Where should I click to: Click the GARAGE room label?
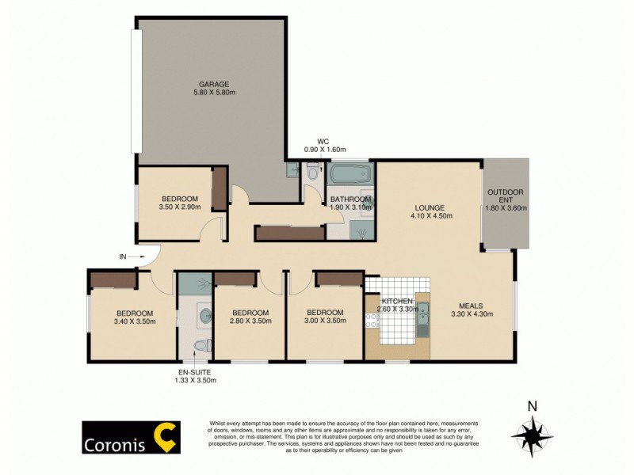[x=214, y=83]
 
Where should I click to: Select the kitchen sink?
[x=422, y=319]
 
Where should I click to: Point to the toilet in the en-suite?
[x=204, y=345]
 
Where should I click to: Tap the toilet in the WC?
[x=313, y=170]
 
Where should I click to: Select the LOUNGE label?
[x=427, y=208]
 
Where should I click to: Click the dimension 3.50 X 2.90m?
[x=180, y=208]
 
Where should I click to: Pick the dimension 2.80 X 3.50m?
[x=250, y=321]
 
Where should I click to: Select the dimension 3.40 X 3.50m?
[x=134, y=321]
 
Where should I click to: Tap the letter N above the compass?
[x=533, y=407]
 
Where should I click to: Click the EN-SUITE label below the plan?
[x=195, y=371]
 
